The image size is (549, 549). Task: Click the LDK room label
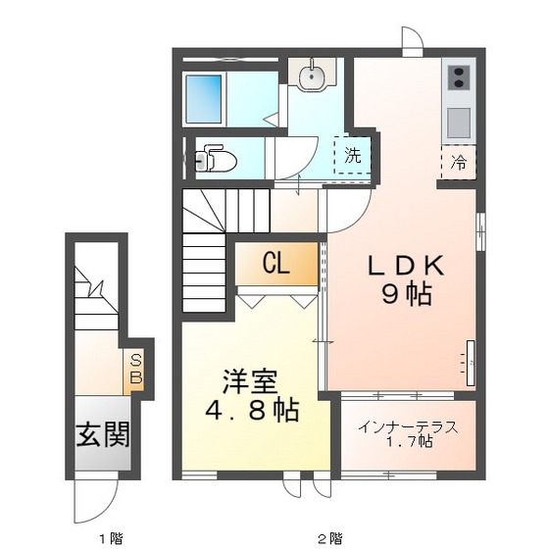408,266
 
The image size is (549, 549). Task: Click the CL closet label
275,263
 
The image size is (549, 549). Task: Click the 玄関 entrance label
104,432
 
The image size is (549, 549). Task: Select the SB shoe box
136,370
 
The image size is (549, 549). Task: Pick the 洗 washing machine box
352,155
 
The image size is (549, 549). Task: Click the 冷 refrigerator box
459,162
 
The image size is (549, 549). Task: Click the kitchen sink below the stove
458,122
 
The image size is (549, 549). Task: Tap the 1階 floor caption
110,538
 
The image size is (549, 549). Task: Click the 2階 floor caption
327,538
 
